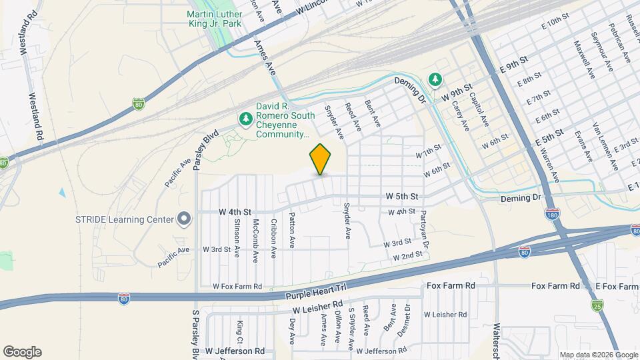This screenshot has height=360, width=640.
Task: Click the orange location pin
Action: point(321,159)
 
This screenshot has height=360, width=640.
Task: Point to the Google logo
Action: point(22,352)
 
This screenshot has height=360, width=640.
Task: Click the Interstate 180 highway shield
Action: point(556,213)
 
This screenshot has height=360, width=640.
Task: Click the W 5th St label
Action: point(401,197)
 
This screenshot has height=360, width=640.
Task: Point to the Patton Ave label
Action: point(292,230)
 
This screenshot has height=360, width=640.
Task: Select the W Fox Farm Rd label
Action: point(237,286)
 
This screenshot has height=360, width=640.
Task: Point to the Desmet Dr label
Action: point(408,321)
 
